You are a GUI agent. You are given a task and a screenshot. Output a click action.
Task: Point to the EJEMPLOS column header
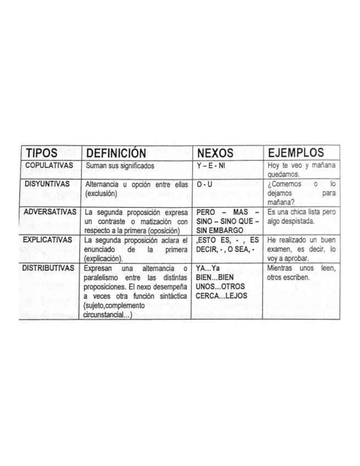pos(296,153)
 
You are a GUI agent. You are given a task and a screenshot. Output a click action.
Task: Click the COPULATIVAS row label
pos(49,165)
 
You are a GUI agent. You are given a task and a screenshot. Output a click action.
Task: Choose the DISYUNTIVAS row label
pos(48,184)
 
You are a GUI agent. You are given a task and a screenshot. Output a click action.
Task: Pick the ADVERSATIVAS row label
pos(51,211)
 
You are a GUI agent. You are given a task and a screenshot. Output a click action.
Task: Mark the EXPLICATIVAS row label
pos(50,240)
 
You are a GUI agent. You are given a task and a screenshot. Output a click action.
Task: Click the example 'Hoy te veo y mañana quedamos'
pos(301,169)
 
